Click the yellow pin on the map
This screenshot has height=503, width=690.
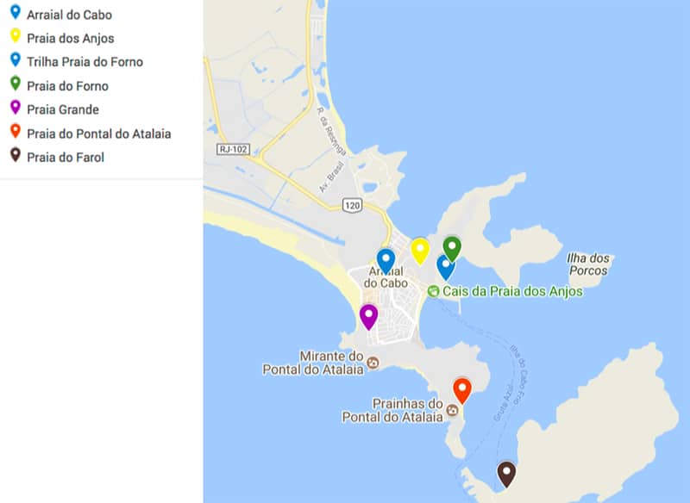[420, 250]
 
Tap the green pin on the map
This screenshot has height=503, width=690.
[452, 247]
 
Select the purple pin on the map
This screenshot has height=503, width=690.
[368, 316]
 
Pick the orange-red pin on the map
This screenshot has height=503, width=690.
[462, 390]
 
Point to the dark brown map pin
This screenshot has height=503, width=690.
[506, 473]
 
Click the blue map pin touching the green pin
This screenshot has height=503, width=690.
[445, 266]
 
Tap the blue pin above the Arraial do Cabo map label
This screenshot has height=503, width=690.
[386, 260]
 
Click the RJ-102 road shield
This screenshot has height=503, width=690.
[233, 149]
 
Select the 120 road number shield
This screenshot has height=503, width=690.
[351, 205]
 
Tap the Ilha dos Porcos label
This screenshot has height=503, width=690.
[589, 264]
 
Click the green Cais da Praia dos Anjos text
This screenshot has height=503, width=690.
[512, 291]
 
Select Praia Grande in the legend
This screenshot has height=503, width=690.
[63, 109]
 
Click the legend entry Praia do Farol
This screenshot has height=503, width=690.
[66, 157]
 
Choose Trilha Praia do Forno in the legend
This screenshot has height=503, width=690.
[85, 62]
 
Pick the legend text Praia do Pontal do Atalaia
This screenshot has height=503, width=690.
[98, 134]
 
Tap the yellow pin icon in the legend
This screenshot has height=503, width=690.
[15, 36]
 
